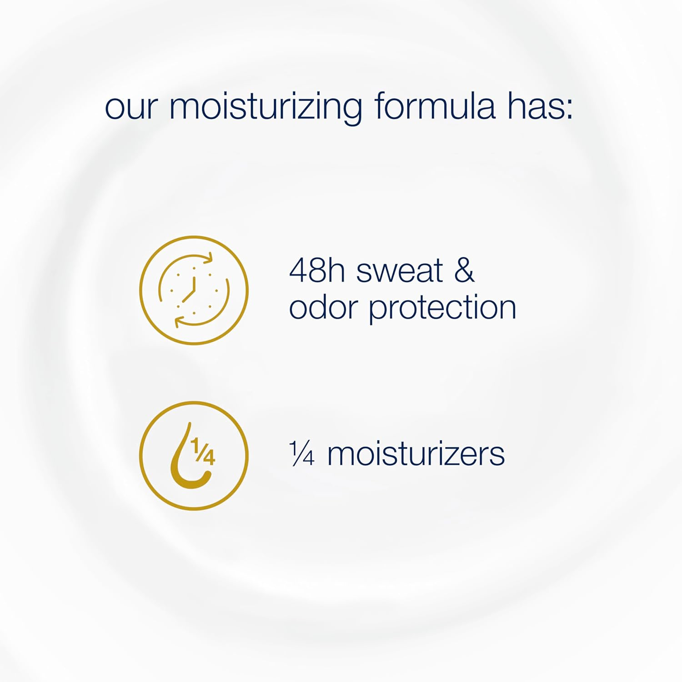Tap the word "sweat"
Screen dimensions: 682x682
point(399,271)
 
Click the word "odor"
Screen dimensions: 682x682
point(323,308)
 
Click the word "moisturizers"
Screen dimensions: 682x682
point(416,454)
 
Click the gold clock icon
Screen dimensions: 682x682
point(194,290)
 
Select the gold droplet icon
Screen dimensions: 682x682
point(194,456)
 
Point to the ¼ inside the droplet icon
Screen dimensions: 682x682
point(203,451)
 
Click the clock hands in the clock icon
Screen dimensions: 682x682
point(191,290)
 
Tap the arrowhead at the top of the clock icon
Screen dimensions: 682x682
point(207,258)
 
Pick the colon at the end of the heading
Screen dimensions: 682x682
point(568,111)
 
